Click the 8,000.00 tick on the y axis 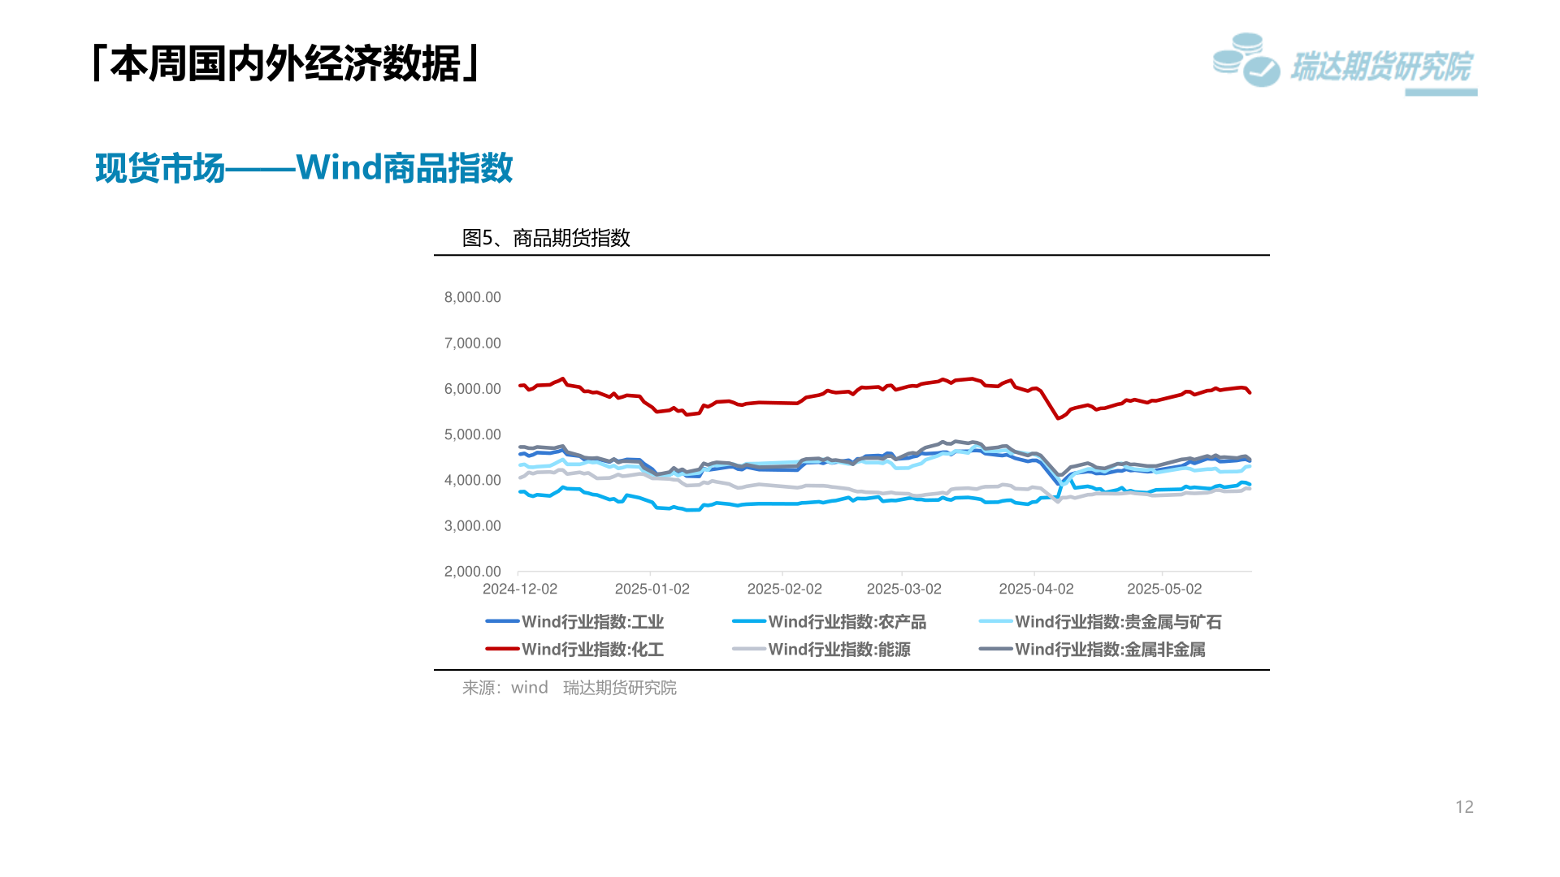click(472, 297)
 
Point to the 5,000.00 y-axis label click(472, 434)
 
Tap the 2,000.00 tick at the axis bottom click(472, 572)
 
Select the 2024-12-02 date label click(520, 589)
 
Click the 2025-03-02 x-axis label click(903, 589)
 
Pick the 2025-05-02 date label click(1163, 589)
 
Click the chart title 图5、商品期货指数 click(546, 238)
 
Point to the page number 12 click(1464, 807)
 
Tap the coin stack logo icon click(1246, 60)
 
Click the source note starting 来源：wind click(569, 688)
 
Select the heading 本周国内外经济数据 click(286, 63)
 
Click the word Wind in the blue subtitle click(339, 167)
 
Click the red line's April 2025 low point click(1058, 418)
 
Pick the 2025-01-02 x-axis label click(652, 589)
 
